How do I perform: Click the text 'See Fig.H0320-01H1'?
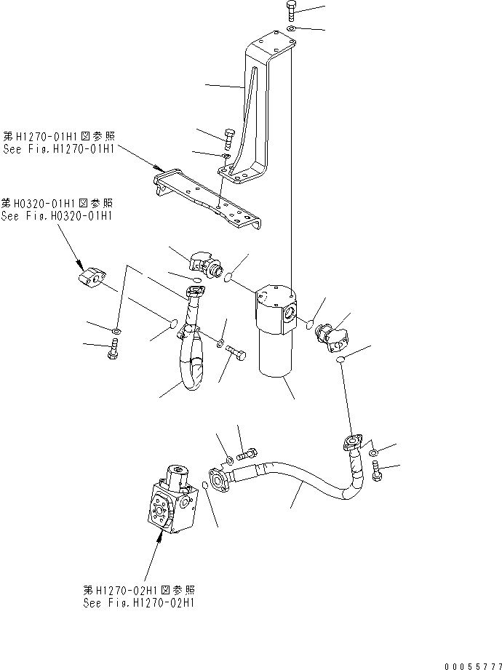click(57, 216)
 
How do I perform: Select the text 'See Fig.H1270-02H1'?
click(138, 603)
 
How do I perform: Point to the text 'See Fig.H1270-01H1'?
click(58, 148)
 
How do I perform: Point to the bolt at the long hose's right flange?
click(377, 473)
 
